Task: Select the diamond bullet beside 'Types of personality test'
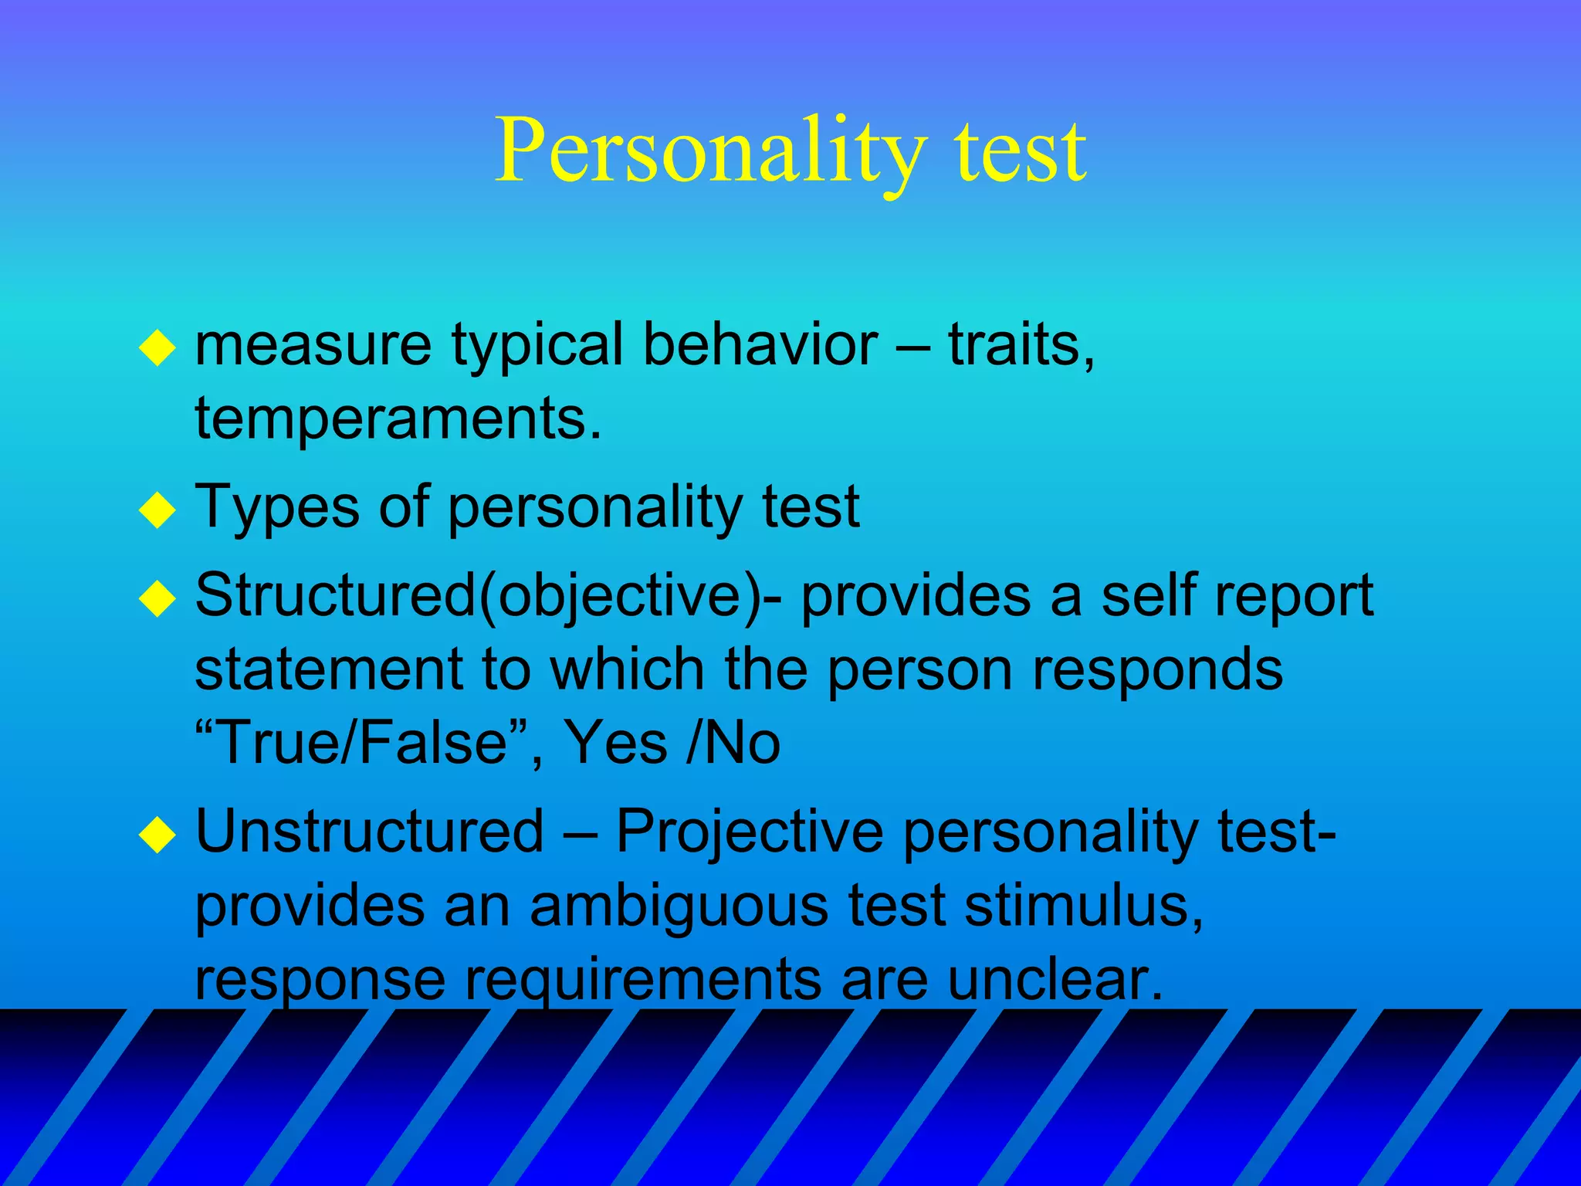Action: tap(157, 510)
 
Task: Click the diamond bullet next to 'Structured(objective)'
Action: tap(157, 598)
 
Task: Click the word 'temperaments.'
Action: tap(398, 418)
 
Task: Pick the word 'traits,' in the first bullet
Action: tap(1021, 344)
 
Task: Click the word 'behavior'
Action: tap(760, 344)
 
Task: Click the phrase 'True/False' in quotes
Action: tap(362, 743)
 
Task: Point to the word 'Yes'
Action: tap(615, 743)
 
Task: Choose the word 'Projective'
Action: tap(749, 832)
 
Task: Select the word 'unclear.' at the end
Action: tap(1054, 979)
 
